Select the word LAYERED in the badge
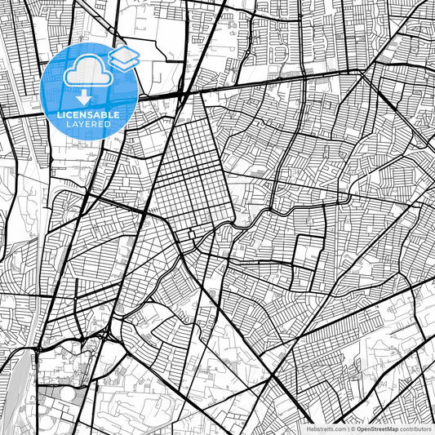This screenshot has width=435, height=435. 90,124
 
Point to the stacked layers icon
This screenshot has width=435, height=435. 124,57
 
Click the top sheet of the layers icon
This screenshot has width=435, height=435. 124,52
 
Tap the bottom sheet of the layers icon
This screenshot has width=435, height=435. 124,63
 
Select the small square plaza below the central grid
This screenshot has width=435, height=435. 191,236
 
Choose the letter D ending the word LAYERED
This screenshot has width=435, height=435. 109,124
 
